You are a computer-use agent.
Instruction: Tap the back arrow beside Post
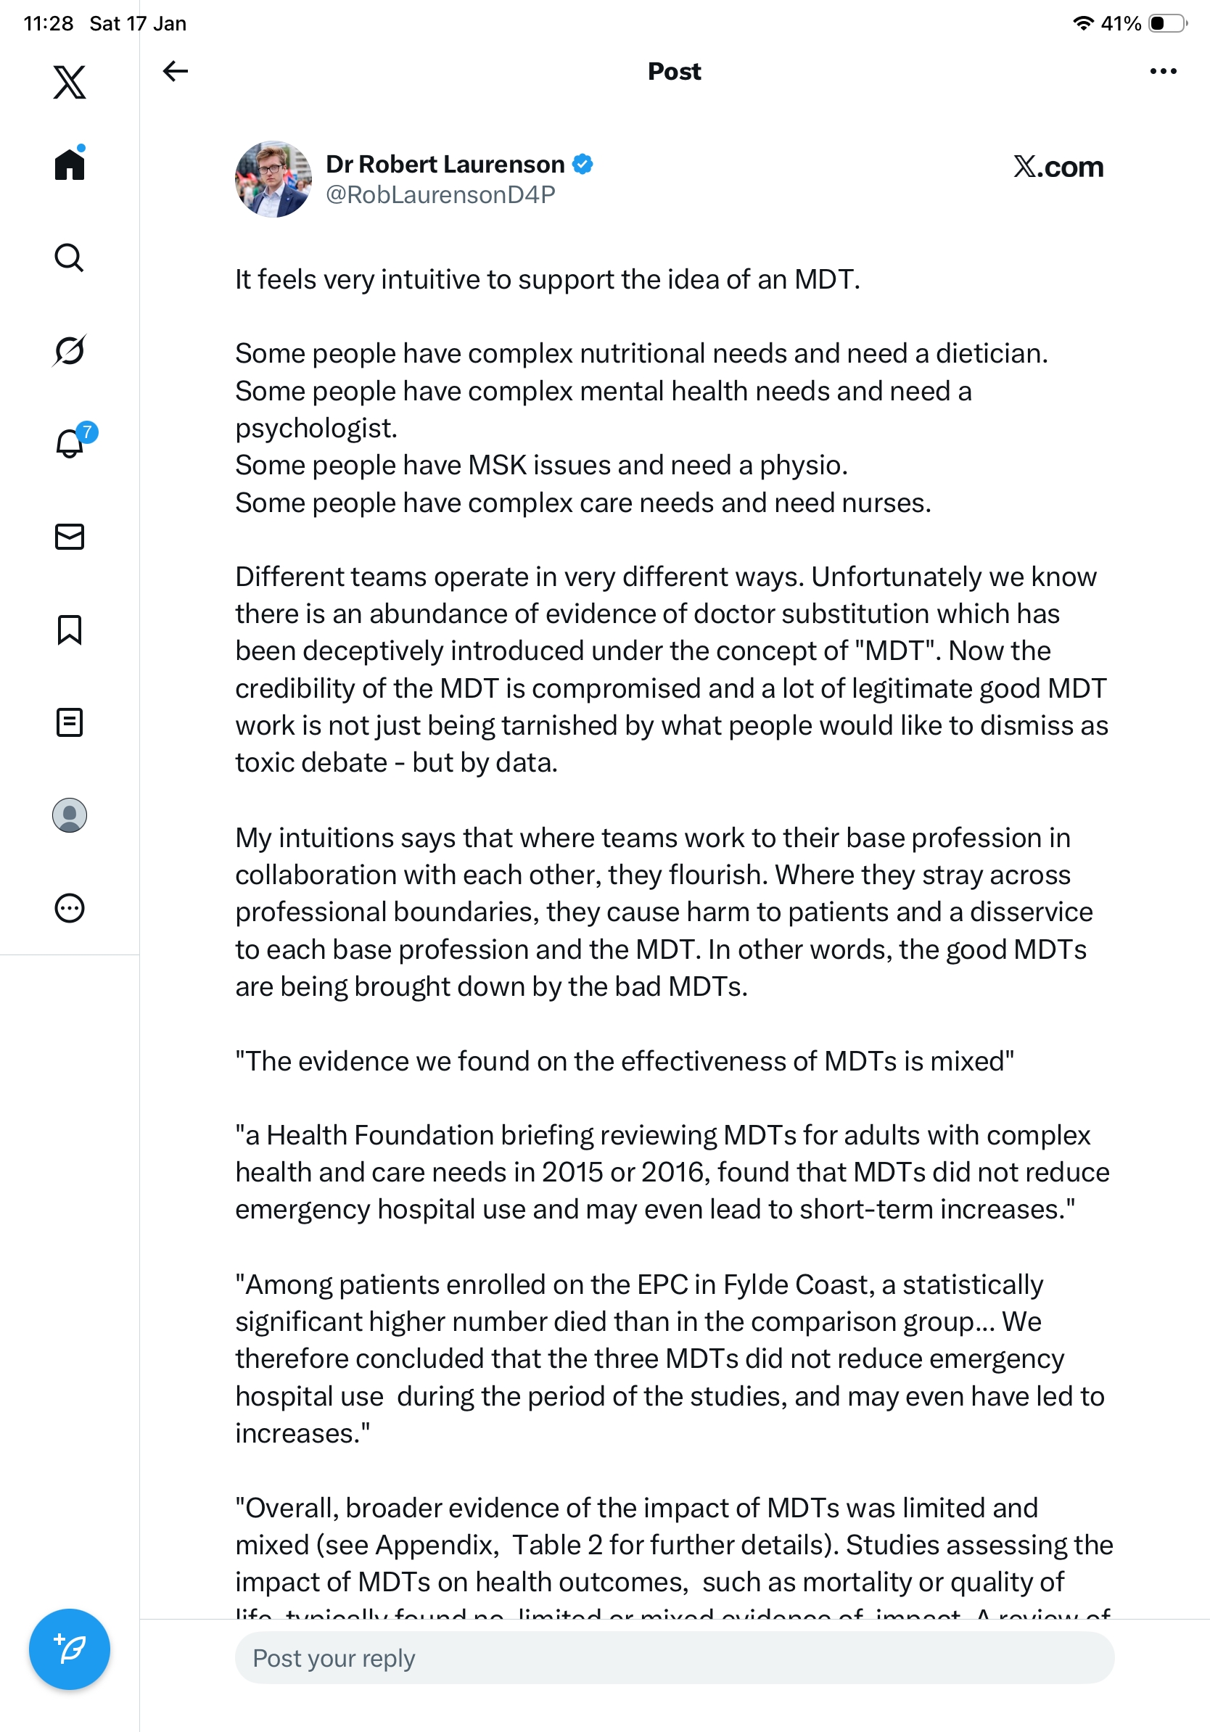(175, 71)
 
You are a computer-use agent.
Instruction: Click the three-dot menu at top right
(1162, 71)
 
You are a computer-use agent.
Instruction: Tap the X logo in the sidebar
(70, 82)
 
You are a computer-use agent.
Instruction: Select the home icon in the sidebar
(70, 164)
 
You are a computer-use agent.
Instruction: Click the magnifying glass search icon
(70, 258)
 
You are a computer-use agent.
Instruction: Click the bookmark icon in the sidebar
(70, 630)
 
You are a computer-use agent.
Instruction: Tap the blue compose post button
(70, 1649)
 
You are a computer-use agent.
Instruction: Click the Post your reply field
(674, 1657)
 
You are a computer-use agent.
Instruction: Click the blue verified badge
(583, 164)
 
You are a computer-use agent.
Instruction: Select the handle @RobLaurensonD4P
(440, 195)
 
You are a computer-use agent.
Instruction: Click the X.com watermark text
(1058, 167)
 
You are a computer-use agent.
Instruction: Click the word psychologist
(316, 429)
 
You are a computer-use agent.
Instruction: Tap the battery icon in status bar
(1166, 23)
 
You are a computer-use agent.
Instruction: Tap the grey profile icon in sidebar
(70, 815)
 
